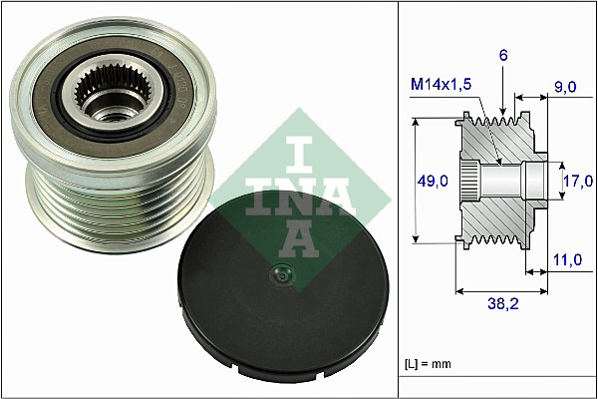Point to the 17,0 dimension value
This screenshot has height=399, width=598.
(577, 181)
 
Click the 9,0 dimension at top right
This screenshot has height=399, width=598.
(564, 87)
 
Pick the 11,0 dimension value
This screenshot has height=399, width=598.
(565, 260)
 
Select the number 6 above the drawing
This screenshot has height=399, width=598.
(504, 58)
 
